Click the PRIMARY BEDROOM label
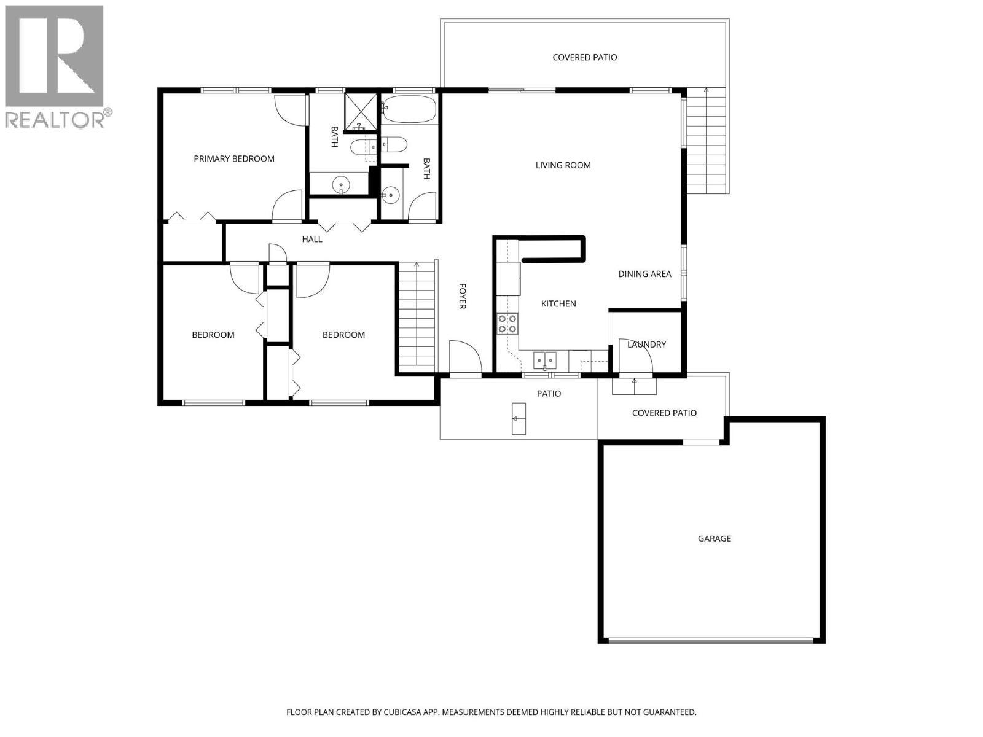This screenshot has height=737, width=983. (x=233, y=158)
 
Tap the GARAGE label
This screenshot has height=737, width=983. (x=714, y=539)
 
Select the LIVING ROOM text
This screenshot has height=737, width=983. (x=563, y=165)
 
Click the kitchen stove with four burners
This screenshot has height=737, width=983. (x=507, y=324)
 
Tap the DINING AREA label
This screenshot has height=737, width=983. (x=644, y=274)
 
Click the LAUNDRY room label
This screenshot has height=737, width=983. (x=646, y=345)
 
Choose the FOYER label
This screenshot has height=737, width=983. (x=462, y=296)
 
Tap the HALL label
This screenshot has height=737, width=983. (x=312, y=239)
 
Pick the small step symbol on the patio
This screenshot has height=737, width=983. (x=519, y=418)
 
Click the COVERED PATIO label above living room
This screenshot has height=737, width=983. (x=584, y=57)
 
